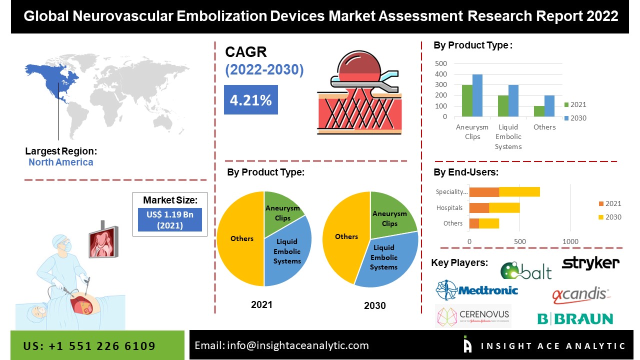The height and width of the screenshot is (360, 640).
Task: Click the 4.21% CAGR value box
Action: tap(250, 100)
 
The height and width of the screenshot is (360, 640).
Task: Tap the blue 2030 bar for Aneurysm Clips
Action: tap(477, 95)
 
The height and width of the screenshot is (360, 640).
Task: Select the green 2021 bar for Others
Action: tap(539, 111)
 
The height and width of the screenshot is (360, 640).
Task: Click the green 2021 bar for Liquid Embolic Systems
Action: tap(503, 106)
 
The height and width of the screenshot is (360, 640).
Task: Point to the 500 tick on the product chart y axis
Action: tap(441, 63)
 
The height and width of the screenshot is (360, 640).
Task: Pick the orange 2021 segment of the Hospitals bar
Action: tap(479, 207)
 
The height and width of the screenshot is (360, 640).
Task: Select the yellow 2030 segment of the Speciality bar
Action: tap(519, 191)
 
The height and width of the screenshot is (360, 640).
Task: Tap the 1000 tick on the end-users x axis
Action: tap(570, 241)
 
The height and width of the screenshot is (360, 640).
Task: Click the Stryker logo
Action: tap(590, 263)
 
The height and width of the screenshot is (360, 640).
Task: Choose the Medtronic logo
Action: tap(476, 289)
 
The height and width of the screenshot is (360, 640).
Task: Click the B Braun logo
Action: tap(575, 318)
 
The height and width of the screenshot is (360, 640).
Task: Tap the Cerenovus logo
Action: tap(473, 316)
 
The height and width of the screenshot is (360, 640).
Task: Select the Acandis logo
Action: tap(580, 295)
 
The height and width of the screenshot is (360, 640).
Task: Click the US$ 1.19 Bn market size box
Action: tap(170, 220)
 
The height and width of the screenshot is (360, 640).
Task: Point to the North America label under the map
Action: tap(60, 162)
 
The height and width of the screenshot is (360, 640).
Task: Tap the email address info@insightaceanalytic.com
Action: tap(281, 345)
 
